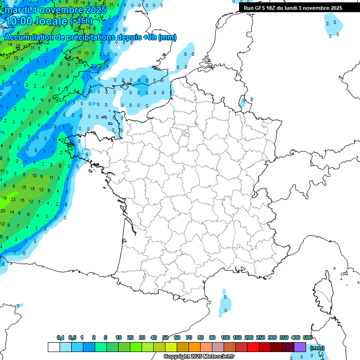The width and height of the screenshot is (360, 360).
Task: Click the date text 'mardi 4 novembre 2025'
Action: point(56,9)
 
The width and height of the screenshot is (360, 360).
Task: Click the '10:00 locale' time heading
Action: point(36,21)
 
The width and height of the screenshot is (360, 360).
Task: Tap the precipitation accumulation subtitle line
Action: point(90,37)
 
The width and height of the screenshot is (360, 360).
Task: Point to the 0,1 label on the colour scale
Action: point(60,337)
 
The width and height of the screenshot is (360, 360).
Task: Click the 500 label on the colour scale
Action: point(307,337)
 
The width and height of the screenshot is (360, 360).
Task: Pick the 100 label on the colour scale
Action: point(225,337)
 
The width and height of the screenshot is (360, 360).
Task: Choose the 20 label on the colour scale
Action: point(130,337)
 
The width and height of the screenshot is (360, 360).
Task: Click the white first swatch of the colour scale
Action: point(53,347)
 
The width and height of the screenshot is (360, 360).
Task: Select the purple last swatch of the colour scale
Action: point(300,347)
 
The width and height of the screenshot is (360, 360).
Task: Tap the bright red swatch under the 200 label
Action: point(253,347)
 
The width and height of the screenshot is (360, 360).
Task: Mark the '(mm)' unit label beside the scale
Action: point(317,348)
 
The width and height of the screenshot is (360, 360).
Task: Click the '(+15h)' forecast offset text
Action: point(81,21)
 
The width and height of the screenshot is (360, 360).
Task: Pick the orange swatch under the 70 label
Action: point(195,347)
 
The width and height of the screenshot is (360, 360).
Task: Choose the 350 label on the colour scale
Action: point(284,337)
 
